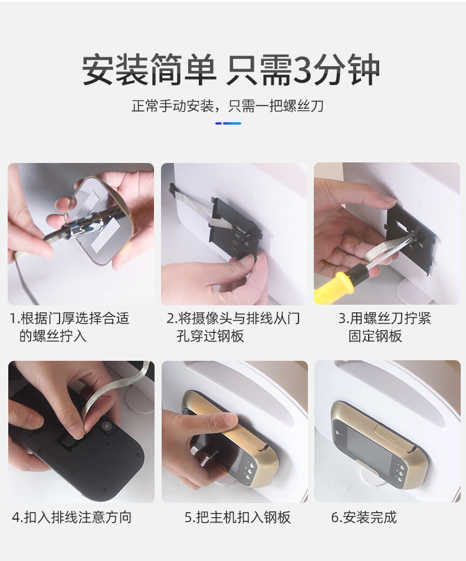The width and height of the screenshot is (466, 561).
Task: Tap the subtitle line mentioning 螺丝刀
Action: [228, 106]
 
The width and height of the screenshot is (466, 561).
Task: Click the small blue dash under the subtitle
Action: [228, 123]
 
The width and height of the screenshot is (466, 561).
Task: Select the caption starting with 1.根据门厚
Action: [70, 327]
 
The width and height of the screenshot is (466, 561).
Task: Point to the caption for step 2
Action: [234, 327]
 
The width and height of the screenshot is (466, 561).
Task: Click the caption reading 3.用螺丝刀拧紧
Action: [385, 327]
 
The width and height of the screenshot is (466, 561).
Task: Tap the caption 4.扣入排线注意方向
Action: [72, 517]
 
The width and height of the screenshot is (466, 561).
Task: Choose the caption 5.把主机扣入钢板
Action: [238, 517]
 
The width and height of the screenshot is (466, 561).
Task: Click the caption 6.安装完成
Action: [364, 517]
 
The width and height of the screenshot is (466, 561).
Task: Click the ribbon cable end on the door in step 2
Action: [173, 188]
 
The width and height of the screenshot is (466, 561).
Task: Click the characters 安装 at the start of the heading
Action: [114, 69]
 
